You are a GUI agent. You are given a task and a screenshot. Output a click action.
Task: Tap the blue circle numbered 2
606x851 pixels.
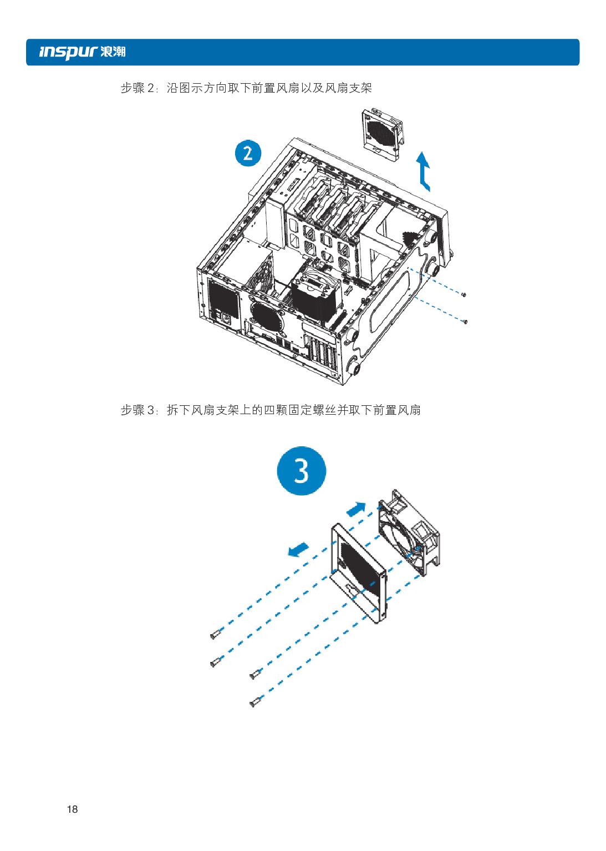click(x=248, y=153)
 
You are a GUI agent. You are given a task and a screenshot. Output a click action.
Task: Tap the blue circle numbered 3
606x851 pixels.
click(x=301, y=471)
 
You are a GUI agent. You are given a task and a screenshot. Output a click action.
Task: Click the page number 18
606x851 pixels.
click(x=72, y=809)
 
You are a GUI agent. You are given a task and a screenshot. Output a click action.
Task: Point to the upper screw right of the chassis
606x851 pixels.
click(x=464, y=294)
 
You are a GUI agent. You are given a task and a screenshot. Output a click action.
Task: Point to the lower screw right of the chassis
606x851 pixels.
click(x=465, y=322)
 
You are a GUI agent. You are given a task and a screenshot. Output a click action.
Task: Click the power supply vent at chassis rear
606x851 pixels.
click(x=223, y=300)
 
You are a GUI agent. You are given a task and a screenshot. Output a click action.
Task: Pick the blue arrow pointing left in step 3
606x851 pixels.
click(x=298, y=549)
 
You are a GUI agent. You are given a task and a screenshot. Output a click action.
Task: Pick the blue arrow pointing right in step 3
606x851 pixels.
click(x=356, y=508)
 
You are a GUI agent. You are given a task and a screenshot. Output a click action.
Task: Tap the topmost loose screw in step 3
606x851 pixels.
click(x=216, y=634)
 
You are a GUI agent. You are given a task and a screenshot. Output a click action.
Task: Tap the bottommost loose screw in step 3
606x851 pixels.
click(x=254, y=702)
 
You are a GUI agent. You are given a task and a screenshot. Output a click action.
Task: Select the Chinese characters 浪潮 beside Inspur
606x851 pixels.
click(x=113, y=52)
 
